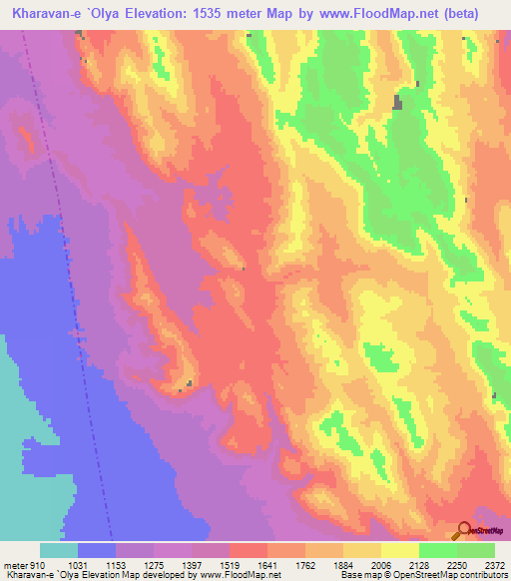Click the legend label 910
click(38, 566)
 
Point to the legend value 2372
click(494, 566)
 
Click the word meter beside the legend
click(15, 566)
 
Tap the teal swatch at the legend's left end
click(59, 550)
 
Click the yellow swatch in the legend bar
click(400, 550)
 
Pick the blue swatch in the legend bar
click(97, 550)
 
